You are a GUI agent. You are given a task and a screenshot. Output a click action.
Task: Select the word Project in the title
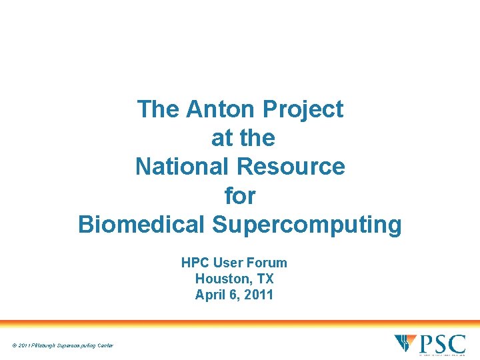coord(303,109)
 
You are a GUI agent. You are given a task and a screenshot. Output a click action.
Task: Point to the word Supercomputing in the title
coord(307,225)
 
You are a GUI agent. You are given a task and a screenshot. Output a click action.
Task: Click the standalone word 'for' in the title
coord(240,195)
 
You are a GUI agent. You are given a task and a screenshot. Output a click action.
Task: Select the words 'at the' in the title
coord(243,137)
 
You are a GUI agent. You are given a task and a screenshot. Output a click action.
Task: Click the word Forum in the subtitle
coord(267,263)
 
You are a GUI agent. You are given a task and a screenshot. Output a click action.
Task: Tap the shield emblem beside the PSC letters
coord(405,344)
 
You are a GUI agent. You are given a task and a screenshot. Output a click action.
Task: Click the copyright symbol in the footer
coord(15,345)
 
